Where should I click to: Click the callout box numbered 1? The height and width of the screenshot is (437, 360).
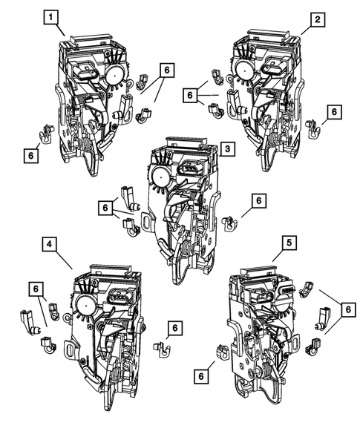(50, 16)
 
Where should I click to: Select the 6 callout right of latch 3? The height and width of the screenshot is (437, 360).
(258, 200)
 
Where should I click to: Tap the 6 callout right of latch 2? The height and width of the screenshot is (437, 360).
(333, 111)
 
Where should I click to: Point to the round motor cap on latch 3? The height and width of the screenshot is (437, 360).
(161, 175)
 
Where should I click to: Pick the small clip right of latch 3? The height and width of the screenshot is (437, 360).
(230, 222)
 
